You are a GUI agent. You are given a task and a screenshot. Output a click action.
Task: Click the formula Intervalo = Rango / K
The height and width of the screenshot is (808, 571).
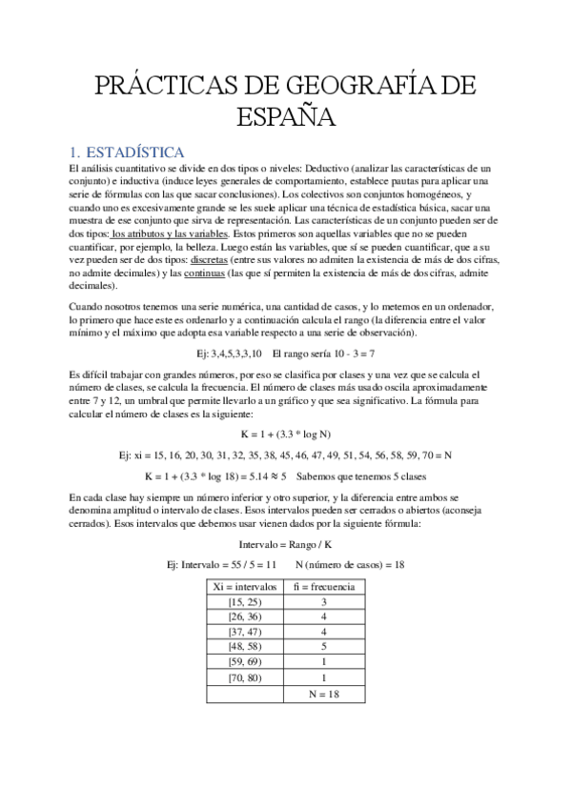pos(285,544)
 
